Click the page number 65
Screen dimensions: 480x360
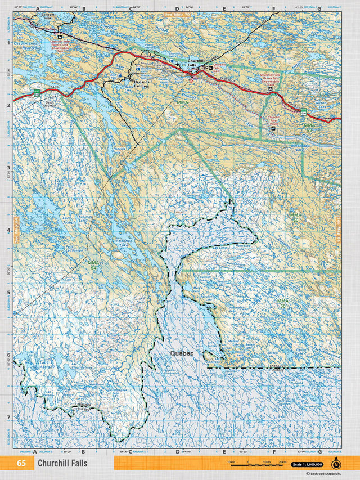[x=21, y=464]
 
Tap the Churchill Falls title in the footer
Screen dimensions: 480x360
[x=62, y=464]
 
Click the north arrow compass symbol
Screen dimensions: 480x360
[x=336, y=464]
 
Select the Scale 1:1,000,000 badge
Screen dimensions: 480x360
[x=307, y=464]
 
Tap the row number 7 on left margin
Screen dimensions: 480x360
[x=7, y=418]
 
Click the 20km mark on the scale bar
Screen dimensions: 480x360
[x=282, y=461]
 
